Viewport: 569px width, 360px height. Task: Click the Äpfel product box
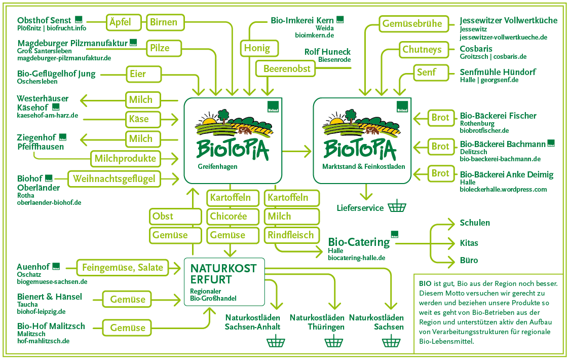[x=120, y=22]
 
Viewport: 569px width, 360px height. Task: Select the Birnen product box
[x=164, y=22]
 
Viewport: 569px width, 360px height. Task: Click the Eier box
[x=138, y=74]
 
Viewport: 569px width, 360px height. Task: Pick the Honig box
[x=257, y=48]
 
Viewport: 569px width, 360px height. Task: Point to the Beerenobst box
[x=287, y=68]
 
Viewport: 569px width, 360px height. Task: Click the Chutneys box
[x=422, y=50]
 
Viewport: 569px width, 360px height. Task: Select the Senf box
[x=426, y=73]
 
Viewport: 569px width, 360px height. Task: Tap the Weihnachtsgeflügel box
[x=114, y=178]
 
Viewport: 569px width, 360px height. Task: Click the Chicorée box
[x=229, y=216]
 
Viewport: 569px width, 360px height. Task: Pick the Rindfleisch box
[x=292, y=235]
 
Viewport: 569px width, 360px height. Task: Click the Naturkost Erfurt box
[x=224, y=281]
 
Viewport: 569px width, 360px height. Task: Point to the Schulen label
[x=475, y=223]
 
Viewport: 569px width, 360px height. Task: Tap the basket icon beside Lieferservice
[x=397, y=207]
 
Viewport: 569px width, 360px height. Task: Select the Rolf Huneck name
[x=327, y=52]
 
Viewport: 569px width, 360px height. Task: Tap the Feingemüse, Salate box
[x=123, y=267]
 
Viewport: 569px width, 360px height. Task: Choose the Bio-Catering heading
[x=359, y=242]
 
